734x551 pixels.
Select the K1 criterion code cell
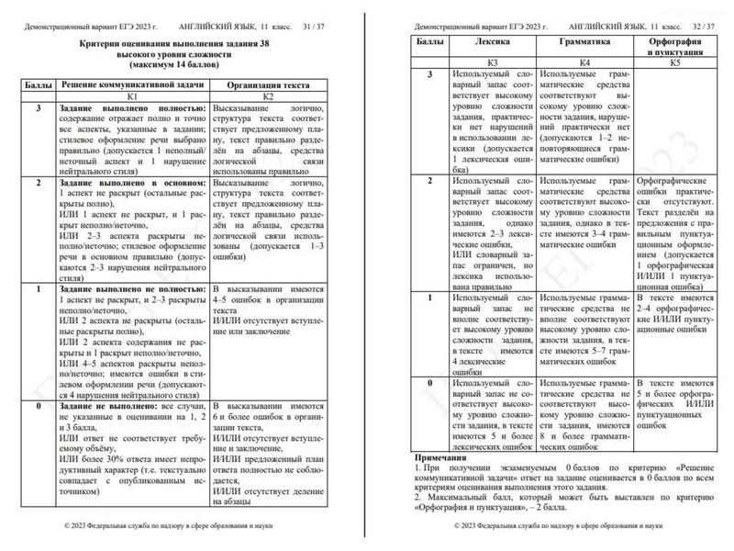pyautogui.click(x=132, y=96)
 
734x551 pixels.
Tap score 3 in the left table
pyautogui.click(x=38, y=107)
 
